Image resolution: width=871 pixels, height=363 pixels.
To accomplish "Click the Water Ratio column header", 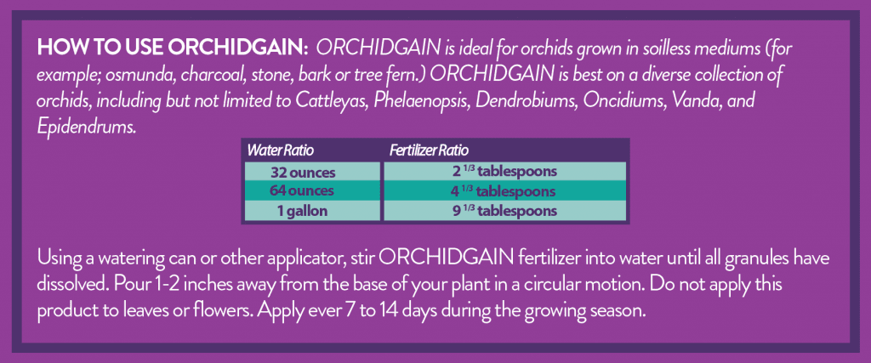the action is tap(281, 150).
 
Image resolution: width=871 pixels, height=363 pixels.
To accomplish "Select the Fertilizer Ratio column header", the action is tap(429, 150).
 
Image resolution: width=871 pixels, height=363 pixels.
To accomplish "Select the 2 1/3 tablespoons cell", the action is tap(505, 172).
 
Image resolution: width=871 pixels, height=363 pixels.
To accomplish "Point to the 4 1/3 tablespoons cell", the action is tap(505, 191).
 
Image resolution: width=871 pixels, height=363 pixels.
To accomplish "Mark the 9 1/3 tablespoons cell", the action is tap(505, 211).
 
